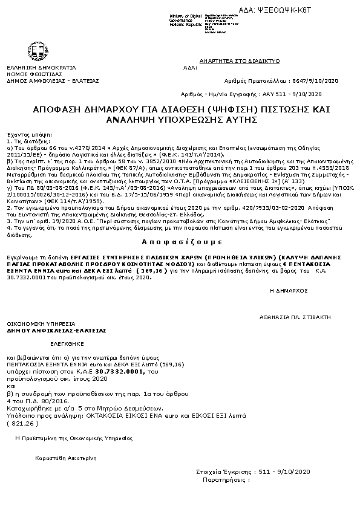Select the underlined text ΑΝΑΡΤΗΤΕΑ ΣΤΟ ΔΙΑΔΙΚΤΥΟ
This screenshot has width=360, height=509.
[x=240, y=61]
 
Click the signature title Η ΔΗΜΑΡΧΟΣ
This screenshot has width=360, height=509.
[x=288, y=291]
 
